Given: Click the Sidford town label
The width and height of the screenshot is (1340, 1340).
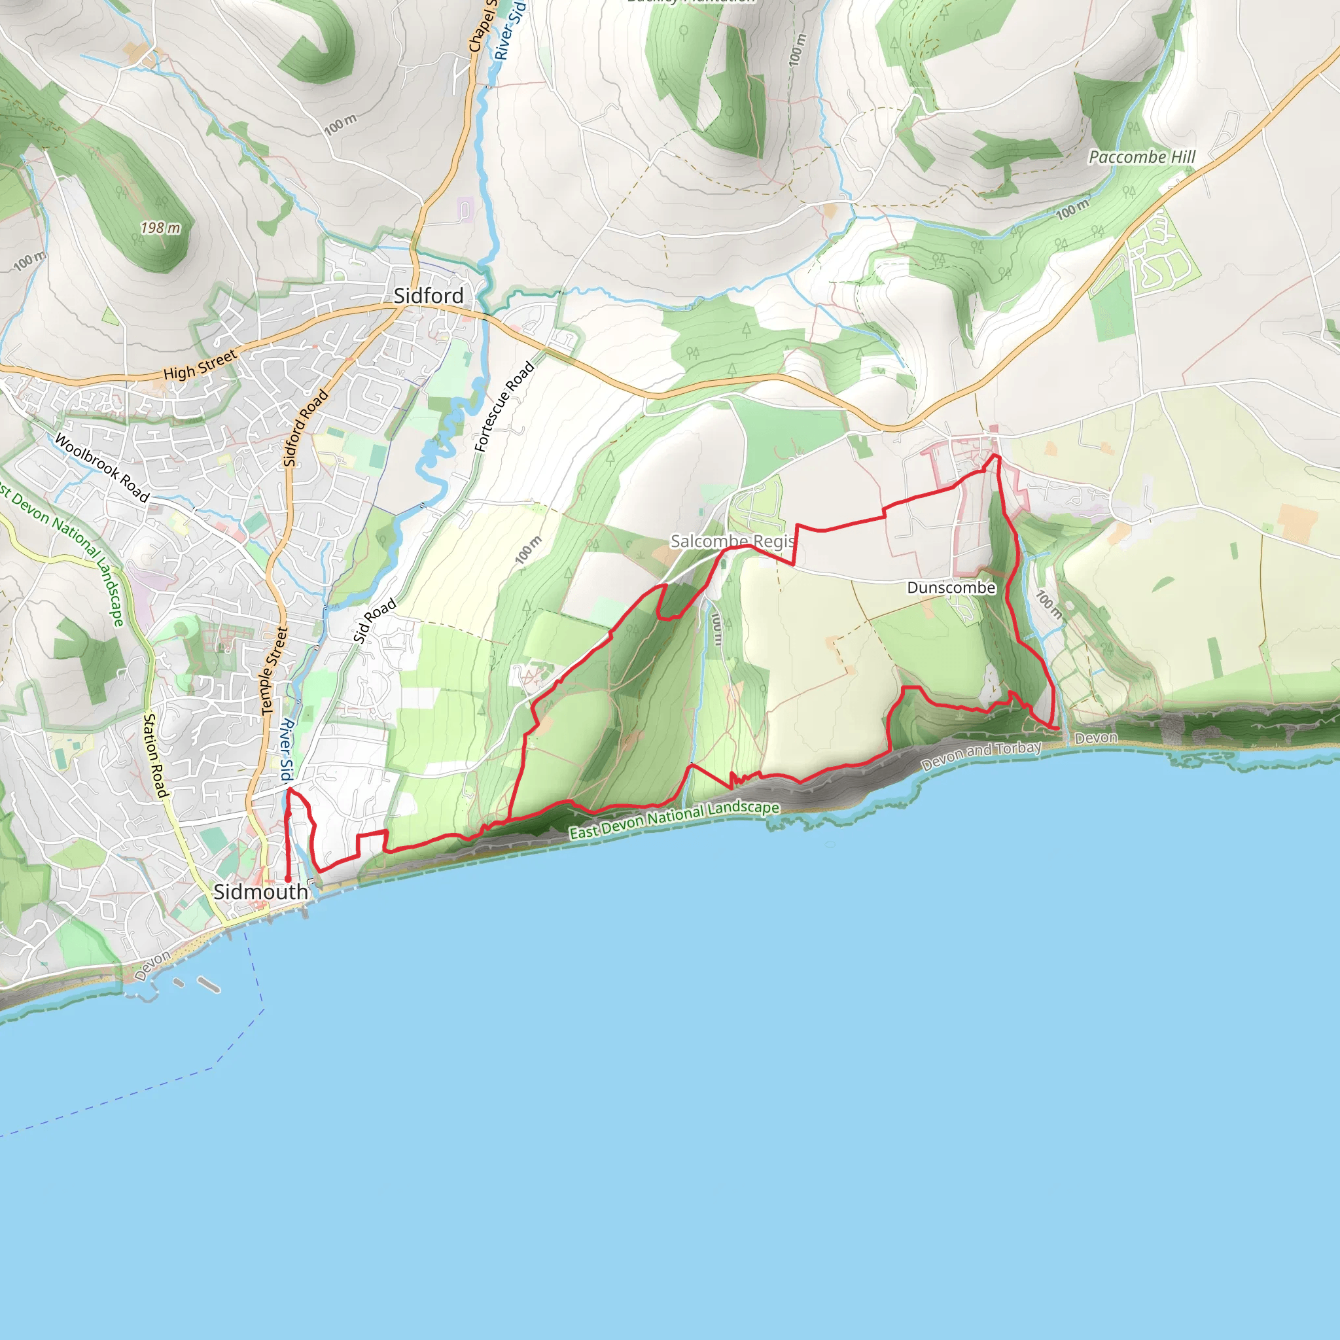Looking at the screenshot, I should click(x=429, y=296).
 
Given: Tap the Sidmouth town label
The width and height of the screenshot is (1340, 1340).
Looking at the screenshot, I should click(x=260, y=892).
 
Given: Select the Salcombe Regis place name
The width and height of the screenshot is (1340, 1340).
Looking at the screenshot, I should click(x=732, y=541).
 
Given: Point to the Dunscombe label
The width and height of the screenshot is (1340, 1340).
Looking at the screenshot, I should click(x=951, y=588).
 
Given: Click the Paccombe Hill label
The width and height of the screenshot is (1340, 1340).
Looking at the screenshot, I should click(x=1142, y=158).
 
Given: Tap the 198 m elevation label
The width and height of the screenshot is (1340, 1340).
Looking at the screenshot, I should click(x=160, y=228).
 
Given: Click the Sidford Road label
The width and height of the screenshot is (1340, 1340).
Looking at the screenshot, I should click(x=305, y=428).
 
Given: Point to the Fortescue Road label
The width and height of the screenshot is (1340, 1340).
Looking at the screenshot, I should click(x=504, y=407).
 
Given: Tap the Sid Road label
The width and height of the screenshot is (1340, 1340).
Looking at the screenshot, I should click(x=374, y=620).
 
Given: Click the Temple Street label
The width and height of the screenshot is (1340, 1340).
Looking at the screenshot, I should click(x=274, y=671).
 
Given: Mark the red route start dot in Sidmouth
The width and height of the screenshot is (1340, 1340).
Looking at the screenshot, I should click(x=288, y=879).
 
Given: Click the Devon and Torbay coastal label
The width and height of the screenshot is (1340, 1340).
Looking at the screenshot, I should click(x=981, y=756).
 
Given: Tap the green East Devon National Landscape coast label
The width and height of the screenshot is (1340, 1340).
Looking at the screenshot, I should click(x=674, y=820).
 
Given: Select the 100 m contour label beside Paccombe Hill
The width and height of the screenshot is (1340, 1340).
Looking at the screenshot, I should click(x=1072, y=209).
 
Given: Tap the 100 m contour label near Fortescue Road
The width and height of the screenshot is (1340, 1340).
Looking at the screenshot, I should click(x=529, y=550).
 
